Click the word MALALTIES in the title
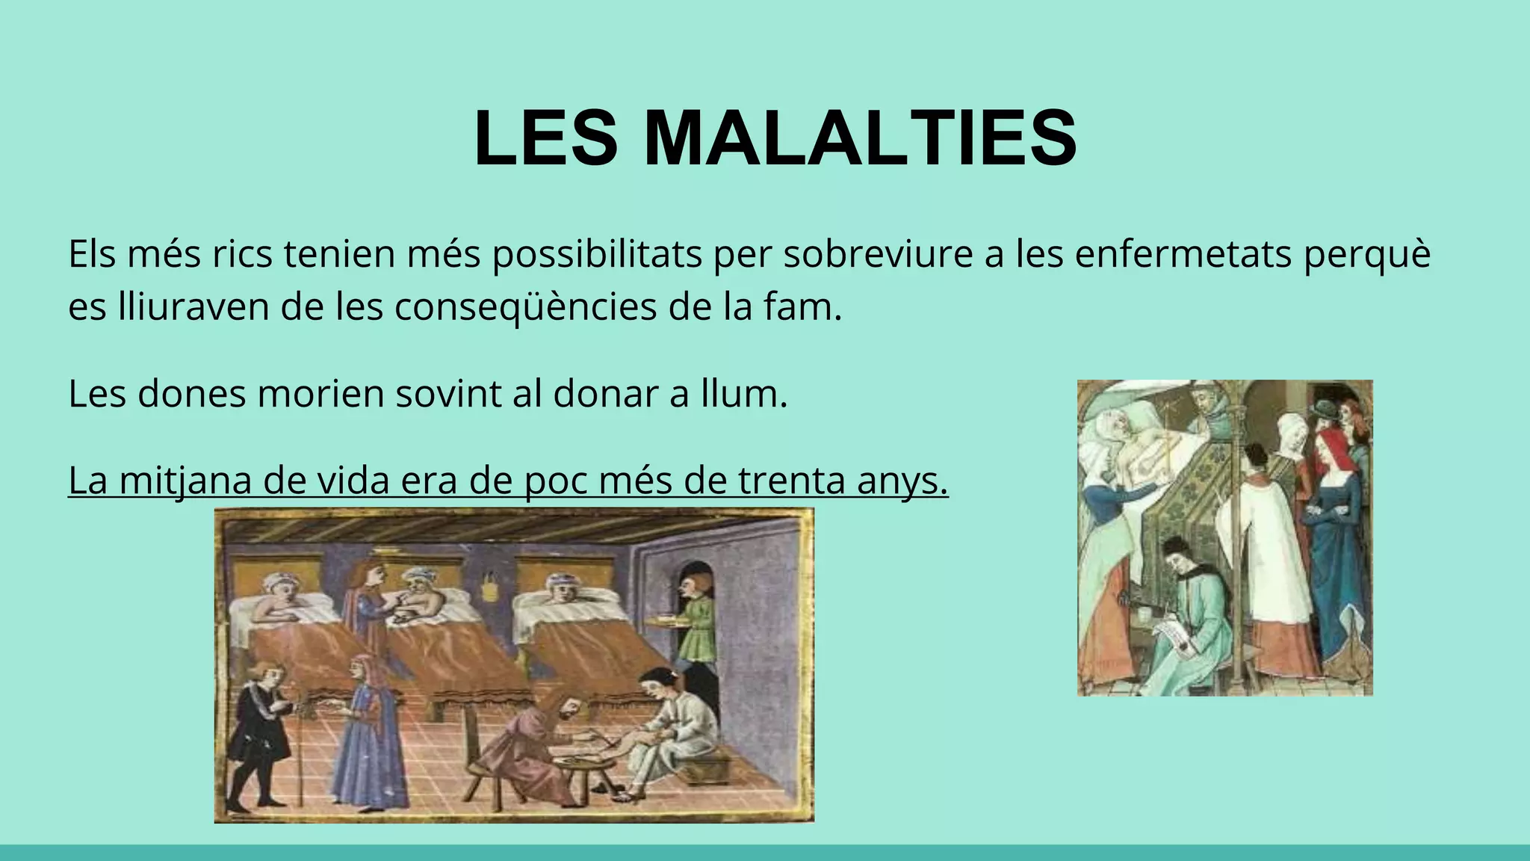pos(859,139)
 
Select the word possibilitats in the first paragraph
pos(596,254)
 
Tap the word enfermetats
pos(1183,254)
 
